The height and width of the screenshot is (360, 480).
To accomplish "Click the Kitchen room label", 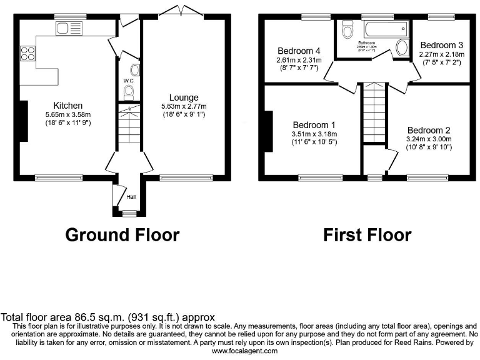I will (68, 105).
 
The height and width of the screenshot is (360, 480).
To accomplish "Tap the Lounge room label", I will (183, 97).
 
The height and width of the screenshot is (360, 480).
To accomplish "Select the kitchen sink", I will (69, 28).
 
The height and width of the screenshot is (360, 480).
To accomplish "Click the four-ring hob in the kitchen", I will (28, 54).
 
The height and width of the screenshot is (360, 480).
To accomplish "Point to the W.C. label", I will (129, 80).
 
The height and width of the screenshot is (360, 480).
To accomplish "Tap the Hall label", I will (131, 197).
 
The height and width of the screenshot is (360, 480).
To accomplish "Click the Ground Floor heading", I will (122, 235).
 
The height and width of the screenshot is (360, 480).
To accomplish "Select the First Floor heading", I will (367, 235).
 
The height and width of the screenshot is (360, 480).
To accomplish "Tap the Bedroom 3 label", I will (441, 45).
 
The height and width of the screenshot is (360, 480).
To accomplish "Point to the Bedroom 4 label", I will (299, 51).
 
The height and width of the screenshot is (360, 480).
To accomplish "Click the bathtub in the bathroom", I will (385, 29).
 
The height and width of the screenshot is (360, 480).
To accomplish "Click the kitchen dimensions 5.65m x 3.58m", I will (68, 114).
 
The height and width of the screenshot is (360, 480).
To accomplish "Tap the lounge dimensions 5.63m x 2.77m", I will (183, 107).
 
